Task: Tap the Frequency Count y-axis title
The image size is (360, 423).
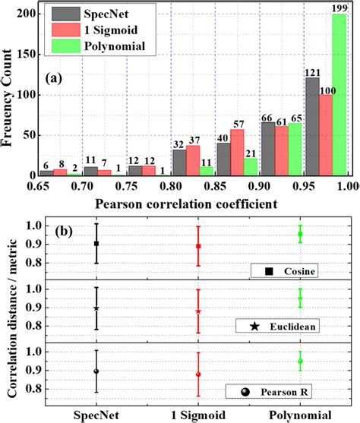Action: pyautogui.click(x=11, y=90)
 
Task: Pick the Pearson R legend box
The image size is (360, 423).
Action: pyautogui.click(x=286, y=391)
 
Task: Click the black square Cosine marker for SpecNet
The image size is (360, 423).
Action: pyautogui.click(x=96, y=244)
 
